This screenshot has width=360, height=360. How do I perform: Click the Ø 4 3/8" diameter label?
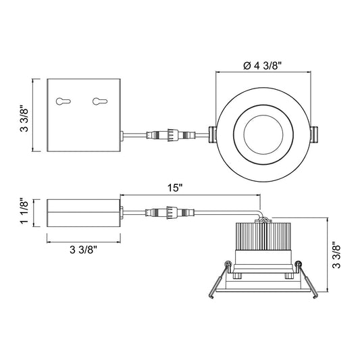click(x=262, y=66)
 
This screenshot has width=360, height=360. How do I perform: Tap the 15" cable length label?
click(x=174, y=188)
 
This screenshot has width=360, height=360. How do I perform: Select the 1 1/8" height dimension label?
click(x=24, y=211)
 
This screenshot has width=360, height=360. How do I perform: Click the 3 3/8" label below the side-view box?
click(x=84, y=250)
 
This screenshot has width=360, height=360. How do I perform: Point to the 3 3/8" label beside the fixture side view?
click(x=336, y=255)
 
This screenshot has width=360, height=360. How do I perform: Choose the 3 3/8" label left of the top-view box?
click(x=24, y=118)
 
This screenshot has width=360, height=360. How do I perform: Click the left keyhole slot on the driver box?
click(x=63, y=101)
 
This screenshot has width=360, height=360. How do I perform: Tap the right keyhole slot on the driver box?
click(x=100, y=101)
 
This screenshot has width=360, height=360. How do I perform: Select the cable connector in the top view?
click(x=171, y=135)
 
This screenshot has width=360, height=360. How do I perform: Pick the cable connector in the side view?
click(x=170, y=212)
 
